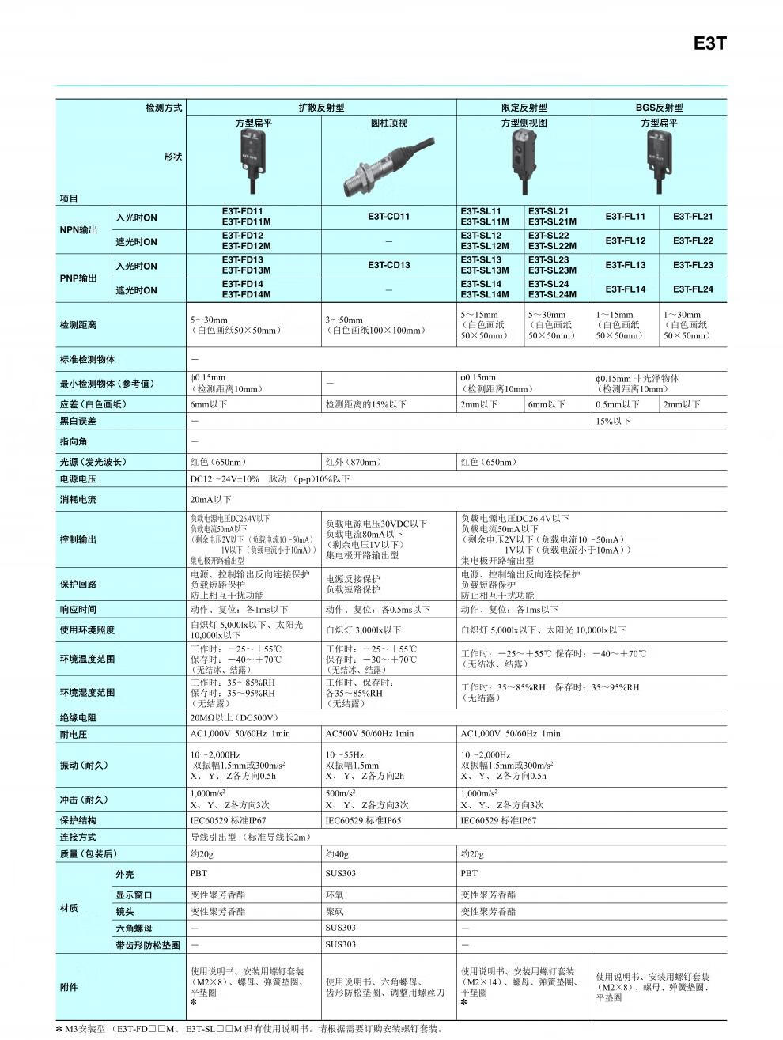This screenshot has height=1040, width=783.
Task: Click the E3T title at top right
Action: [x=709, y=44]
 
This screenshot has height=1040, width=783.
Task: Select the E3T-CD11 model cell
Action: [x=388, y=217]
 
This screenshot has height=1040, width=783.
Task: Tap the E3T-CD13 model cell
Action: [x=388, y=266]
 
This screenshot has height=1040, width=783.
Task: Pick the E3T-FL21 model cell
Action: [x=693, y=217]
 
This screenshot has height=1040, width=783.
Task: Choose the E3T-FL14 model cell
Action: [x=626, y=289]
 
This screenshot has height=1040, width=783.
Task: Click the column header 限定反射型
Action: [x=524, y=108]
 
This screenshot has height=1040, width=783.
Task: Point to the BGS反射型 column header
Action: [x=659, y=108]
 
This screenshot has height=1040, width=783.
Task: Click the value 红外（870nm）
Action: [x=353, y=462]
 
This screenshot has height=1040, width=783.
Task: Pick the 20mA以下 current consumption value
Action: [x=210, y=500]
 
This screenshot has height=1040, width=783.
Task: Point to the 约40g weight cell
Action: [x=337, y=854]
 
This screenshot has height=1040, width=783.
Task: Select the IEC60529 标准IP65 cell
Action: [x=363, y=821]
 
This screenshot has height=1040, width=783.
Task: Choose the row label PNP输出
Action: [x=78, y=278]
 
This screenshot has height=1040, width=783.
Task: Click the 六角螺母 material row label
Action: [x=134, y=928]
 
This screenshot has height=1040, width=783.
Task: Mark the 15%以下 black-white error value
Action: [x=613, y=422]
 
